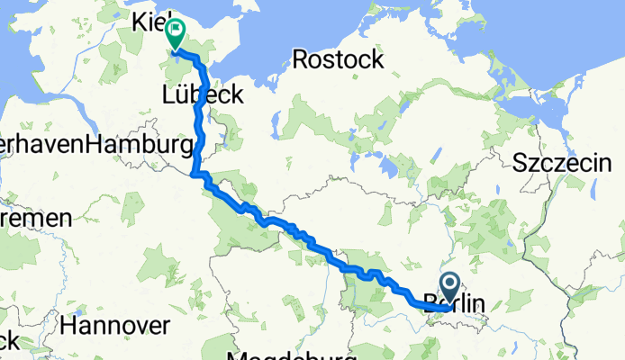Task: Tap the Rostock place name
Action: (x=338, y=60)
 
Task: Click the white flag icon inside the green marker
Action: (x=174, y=31)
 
